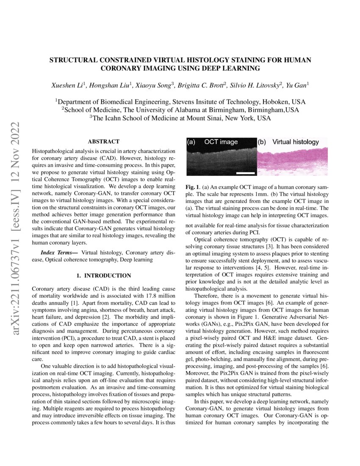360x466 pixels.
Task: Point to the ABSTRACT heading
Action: pyautogui.click(x=103, y=141)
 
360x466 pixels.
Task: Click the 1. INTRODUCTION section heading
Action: pyautogui.click(x=103, y=276)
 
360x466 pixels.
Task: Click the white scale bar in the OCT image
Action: pyautogui.click(x=245, y=172)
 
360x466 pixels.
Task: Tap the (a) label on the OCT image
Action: pyautogui.click(x=191, y=142)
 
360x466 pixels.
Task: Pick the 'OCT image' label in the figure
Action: pyautogui.click(x=221, y=142)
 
